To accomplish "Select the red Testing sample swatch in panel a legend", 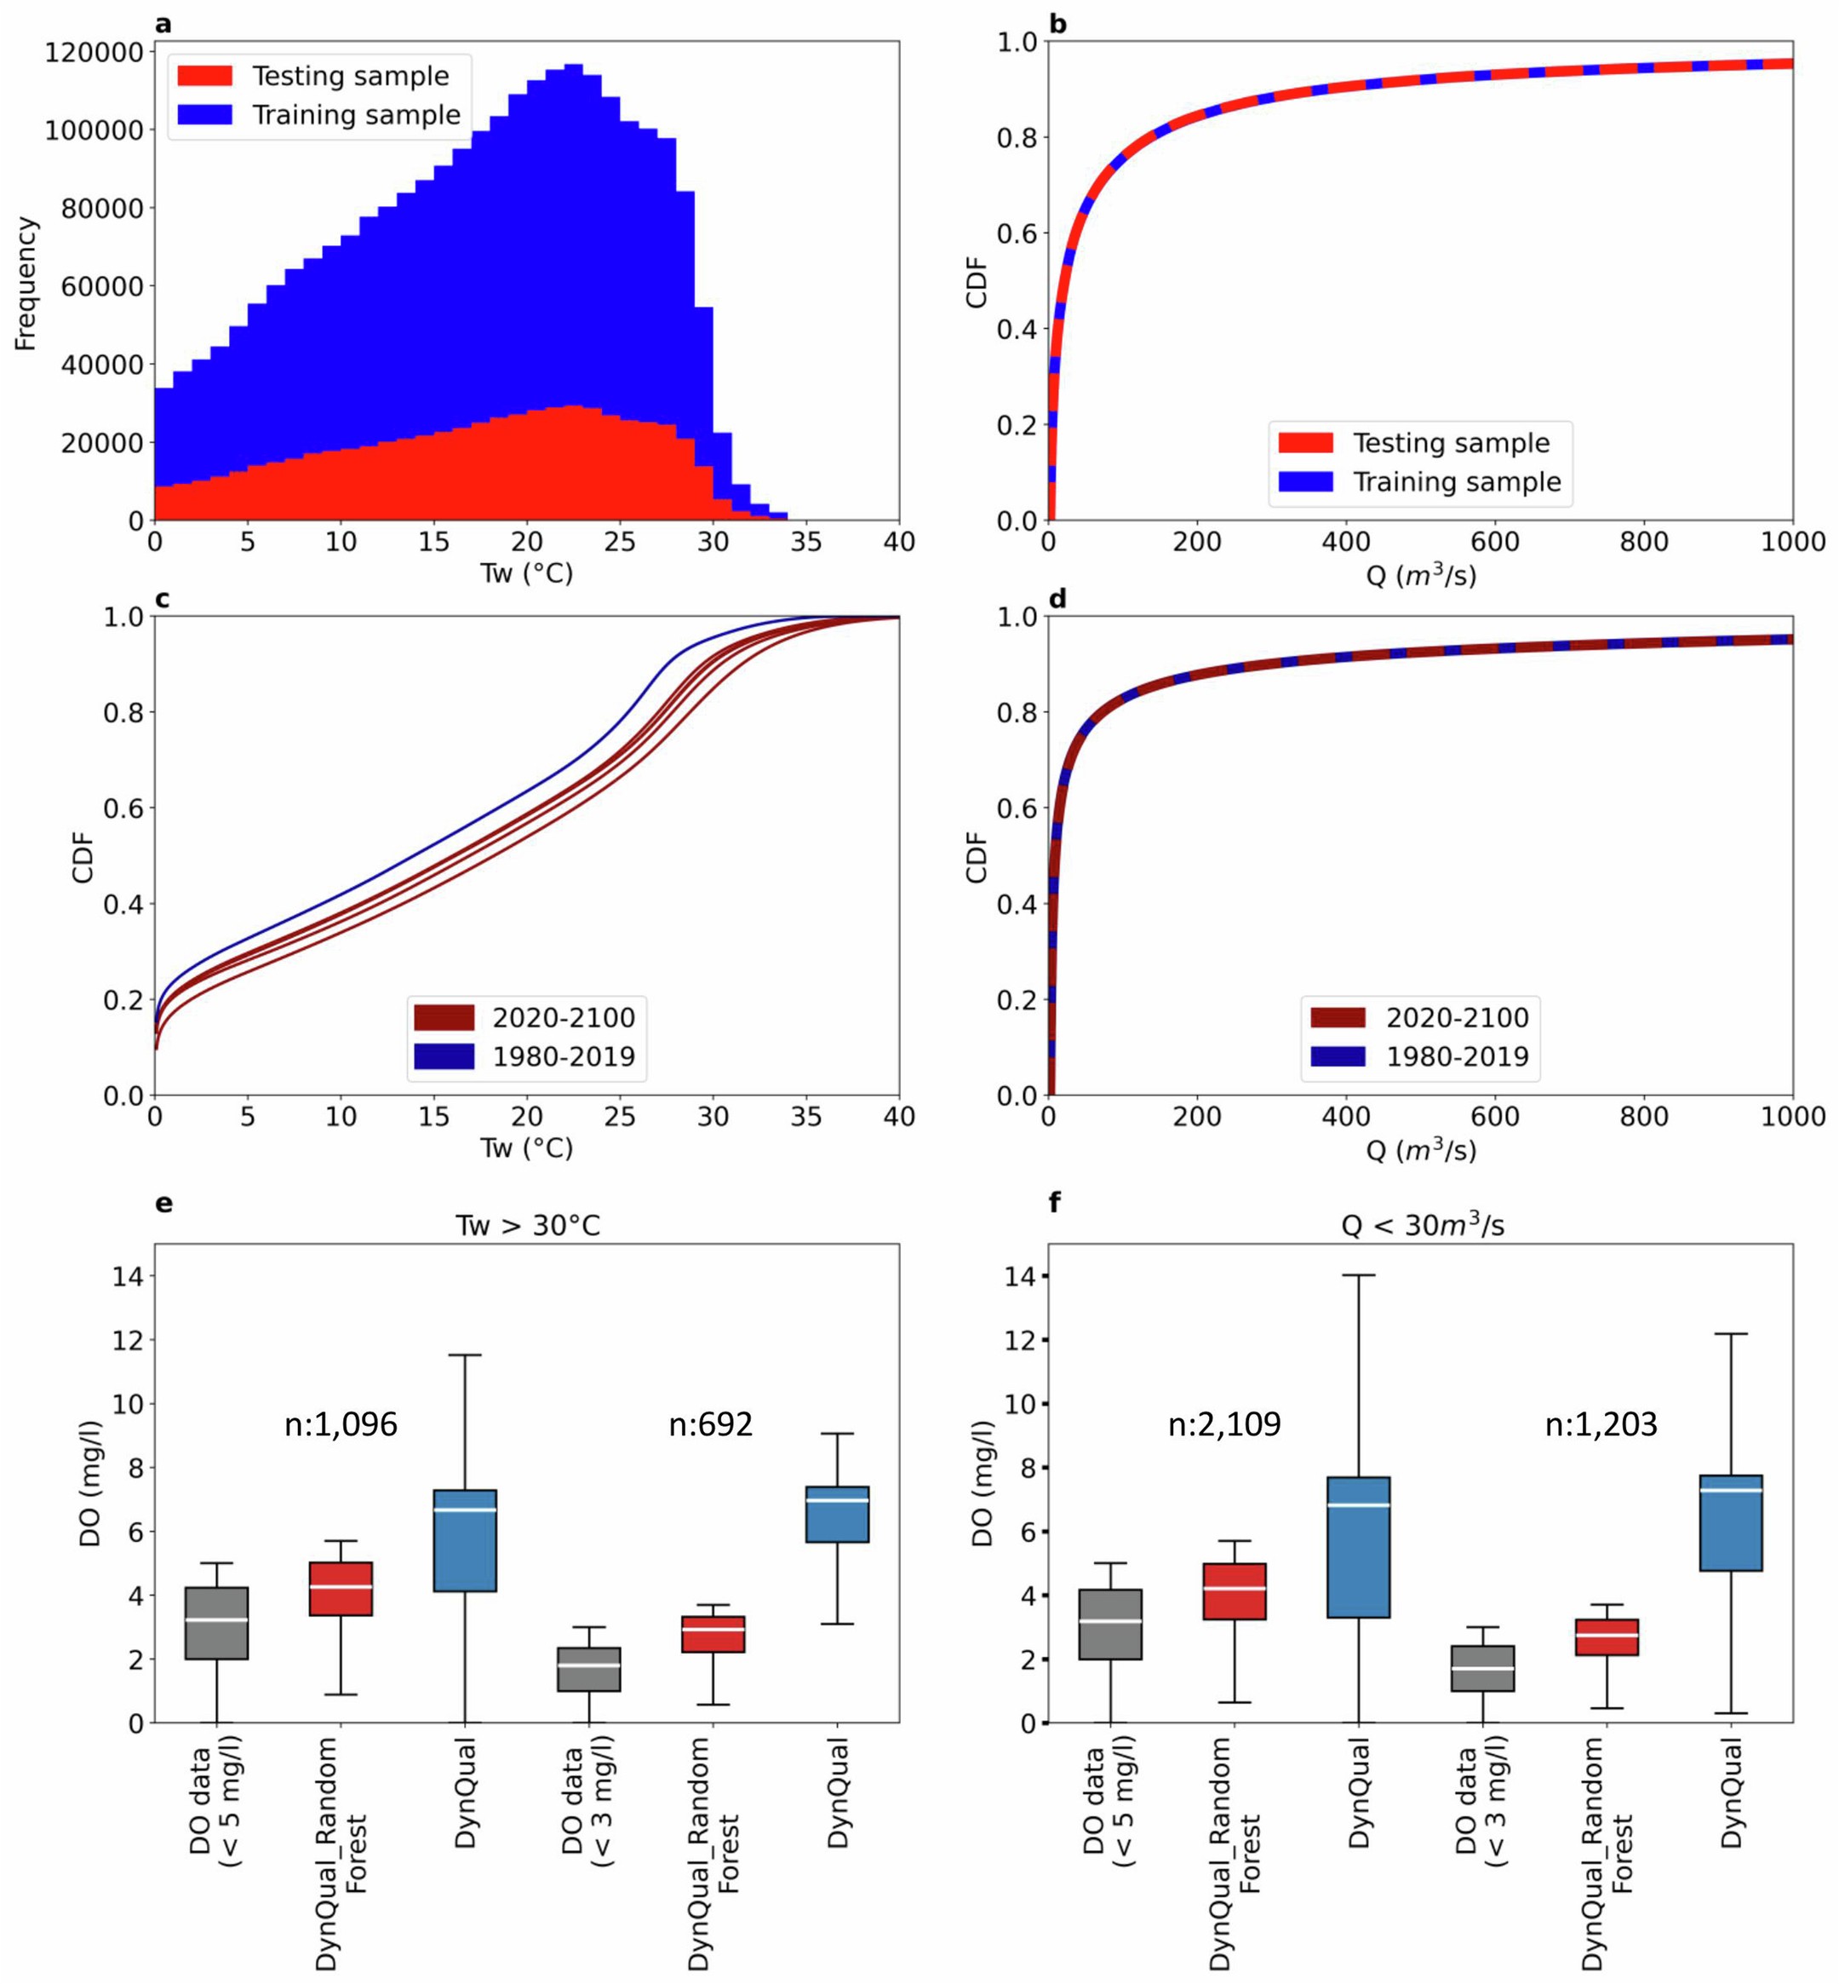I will (205, 77).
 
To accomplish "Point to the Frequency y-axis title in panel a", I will (26, 284).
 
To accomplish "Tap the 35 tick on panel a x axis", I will (806, 543).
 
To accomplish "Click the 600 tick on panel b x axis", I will (1495, 543).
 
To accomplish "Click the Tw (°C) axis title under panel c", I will (526, 1149).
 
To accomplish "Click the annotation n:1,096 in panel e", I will (341, 1425).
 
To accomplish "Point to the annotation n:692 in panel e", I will (711, 1425).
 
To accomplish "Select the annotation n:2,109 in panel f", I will (1224, 1425).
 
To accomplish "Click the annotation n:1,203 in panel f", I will (1601, 1425).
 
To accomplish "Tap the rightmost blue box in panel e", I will (838, 1514).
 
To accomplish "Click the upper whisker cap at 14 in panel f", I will (1358, 1275).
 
